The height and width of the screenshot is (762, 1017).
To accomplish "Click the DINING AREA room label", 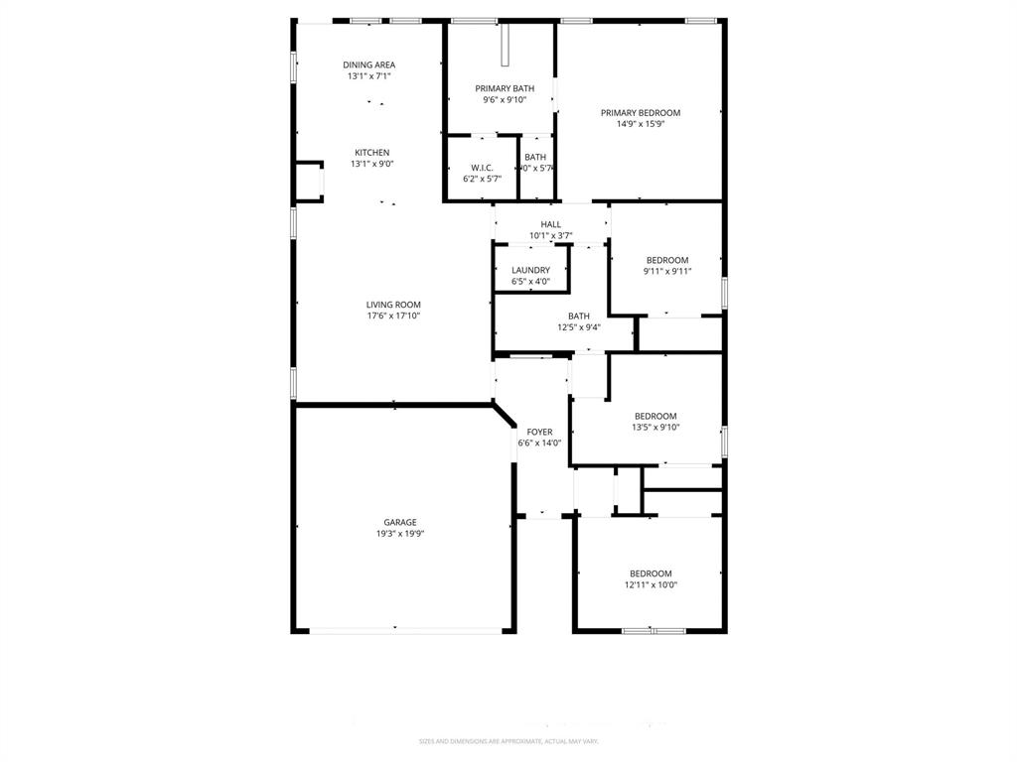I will pos(368,64).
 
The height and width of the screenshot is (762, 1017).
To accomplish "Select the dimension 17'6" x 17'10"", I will pos(393,317).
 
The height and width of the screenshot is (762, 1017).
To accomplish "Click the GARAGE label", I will pos(400,522).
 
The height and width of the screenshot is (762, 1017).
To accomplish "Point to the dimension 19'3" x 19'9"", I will pos(400,534).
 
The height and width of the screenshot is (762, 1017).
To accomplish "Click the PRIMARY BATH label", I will pos(504,88).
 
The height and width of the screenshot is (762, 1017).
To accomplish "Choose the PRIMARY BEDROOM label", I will pos(640,113).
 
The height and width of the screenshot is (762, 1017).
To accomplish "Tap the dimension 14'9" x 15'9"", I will pos(640,125).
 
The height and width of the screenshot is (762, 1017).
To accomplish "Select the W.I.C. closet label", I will pos(482,168).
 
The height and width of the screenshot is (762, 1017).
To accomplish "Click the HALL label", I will pos(550,224).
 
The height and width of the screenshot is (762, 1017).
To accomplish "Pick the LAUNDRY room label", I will pos(530,270).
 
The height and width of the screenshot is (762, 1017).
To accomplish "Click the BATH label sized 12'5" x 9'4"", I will pos(578,316).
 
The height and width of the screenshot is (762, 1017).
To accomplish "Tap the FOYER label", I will pos(539,432).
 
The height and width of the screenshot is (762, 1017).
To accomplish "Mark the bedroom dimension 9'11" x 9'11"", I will pos(666,272).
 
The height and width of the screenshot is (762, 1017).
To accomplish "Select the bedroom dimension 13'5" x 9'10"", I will pos(655,428).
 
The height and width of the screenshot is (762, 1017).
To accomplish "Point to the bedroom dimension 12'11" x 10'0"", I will pos(651,585).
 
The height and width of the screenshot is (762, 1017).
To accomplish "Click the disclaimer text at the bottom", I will pos(508,741).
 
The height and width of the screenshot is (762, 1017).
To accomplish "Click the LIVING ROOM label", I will pos(393,305).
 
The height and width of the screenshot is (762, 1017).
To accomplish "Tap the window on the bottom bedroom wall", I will pos(653,630).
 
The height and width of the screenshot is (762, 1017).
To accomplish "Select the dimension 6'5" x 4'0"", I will pos(530,282).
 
